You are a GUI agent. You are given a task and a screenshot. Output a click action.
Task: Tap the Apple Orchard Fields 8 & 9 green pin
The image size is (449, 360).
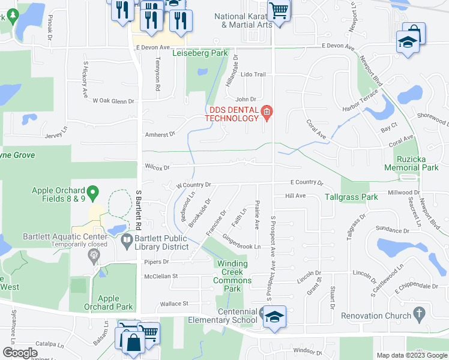point(92,194)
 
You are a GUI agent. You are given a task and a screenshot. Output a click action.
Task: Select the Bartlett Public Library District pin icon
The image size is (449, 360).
point(127,242)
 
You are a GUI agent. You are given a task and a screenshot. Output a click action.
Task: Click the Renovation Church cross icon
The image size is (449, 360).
point(418,314)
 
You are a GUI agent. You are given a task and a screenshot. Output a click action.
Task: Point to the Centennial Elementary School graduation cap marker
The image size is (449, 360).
point(274,316)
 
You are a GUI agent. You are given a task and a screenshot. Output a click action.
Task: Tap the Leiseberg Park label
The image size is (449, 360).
point(200,53)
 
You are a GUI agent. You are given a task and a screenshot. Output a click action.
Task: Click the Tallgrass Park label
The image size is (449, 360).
point(351,196)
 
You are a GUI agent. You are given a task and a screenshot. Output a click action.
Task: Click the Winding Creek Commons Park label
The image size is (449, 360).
point(232,276)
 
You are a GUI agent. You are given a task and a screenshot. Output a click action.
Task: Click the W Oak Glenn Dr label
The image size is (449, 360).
point(113,101)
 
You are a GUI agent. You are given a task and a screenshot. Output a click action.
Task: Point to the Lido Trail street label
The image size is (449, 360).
point(253,74)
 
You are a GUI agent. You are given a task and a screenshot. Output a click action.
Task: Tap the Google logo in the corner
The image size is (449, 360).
point(20,353)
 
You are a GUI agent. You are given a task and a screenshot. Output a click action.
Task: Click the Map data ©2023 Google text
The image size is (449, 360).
point(411,355)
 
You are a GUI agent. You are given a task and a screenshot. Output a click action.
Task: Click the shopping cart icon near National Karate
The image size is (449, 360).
point(279,10)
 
